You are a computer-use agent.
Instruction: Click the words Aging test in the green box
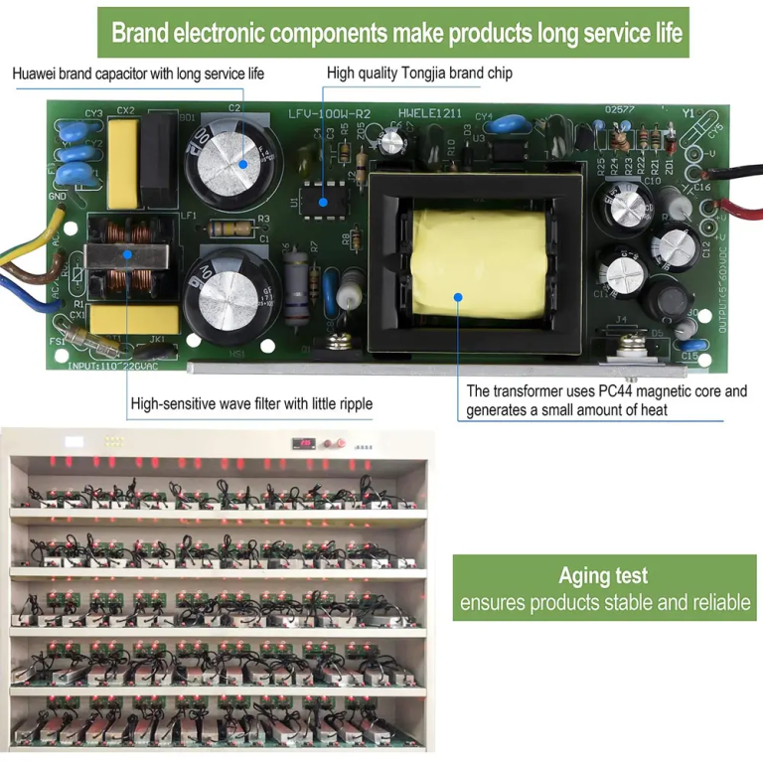pyautogui.click(x=603, y=575)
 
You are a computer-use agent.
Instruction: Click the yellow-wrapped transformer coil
pyautogui.click(x=479, y=263)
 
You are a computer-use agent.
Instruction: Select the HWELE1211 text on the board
pyautogui.click(x=429, y=114)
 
